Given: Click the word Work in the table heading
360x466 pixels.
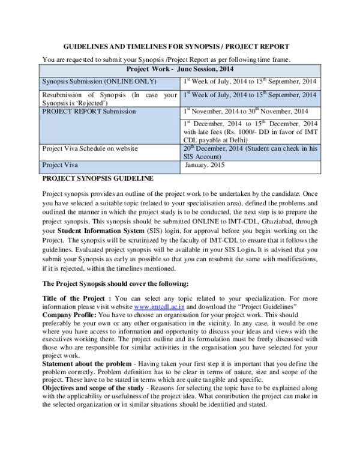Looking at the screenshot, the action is point(161,70).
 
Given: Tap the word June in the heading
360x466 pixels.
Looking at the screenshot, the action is point(185,70).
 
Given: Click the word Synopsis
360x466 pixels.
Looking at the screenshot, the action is point(55,82).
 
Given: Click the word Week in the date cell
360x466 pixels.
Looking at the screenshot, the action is point(200,95).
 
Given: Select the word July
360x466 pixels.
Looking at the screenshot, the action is point(226,95).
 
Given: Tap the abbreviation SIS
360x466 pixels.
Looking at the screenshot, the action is point(190,157).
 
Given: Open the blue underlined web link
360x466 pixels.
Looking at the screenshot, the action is point(159,307).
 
